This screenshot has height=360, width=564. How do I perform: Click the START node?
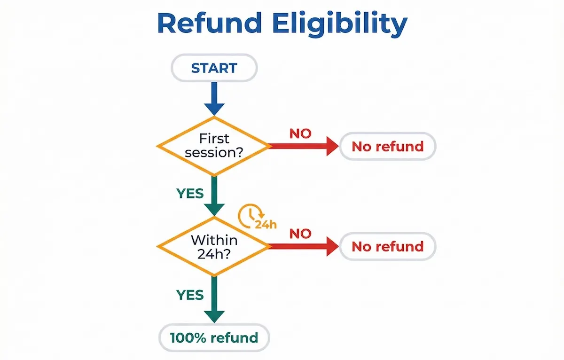click(x=214, y=68)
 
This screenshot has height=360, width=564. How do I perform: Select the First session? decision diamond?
click(x=214, y=146)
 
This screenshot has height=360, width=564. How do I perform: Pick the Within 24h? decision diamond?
click(x=214, y=246)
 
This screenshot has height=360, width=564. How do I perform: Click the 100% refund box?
click(x=214, y=337)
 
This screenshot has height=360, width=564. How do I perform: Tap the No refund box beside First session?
click(x=388, y=146)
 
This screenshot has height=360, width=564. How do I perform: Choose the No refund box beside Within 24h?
click(x=388, y=246)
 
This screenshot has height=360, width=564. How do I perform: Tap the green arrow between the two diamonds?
click(x=214, y=195)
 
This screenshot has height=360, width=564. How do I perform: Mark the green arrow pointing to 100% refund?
click(x=214, y=298)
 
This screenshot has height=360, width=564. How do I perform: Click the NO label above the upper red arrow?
click(x=300, y=133)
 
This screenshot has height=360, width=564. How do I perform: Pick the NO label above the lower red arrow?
click(x=300, y=234)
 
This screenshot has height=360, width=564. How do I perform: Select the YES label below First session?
click(x=190, y=193)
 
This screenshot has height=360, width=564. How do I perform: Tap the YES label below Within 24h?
click(x=190, y=295)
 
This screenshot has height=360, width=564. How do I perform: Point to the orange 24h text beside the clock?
click(x=266, y=224)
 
